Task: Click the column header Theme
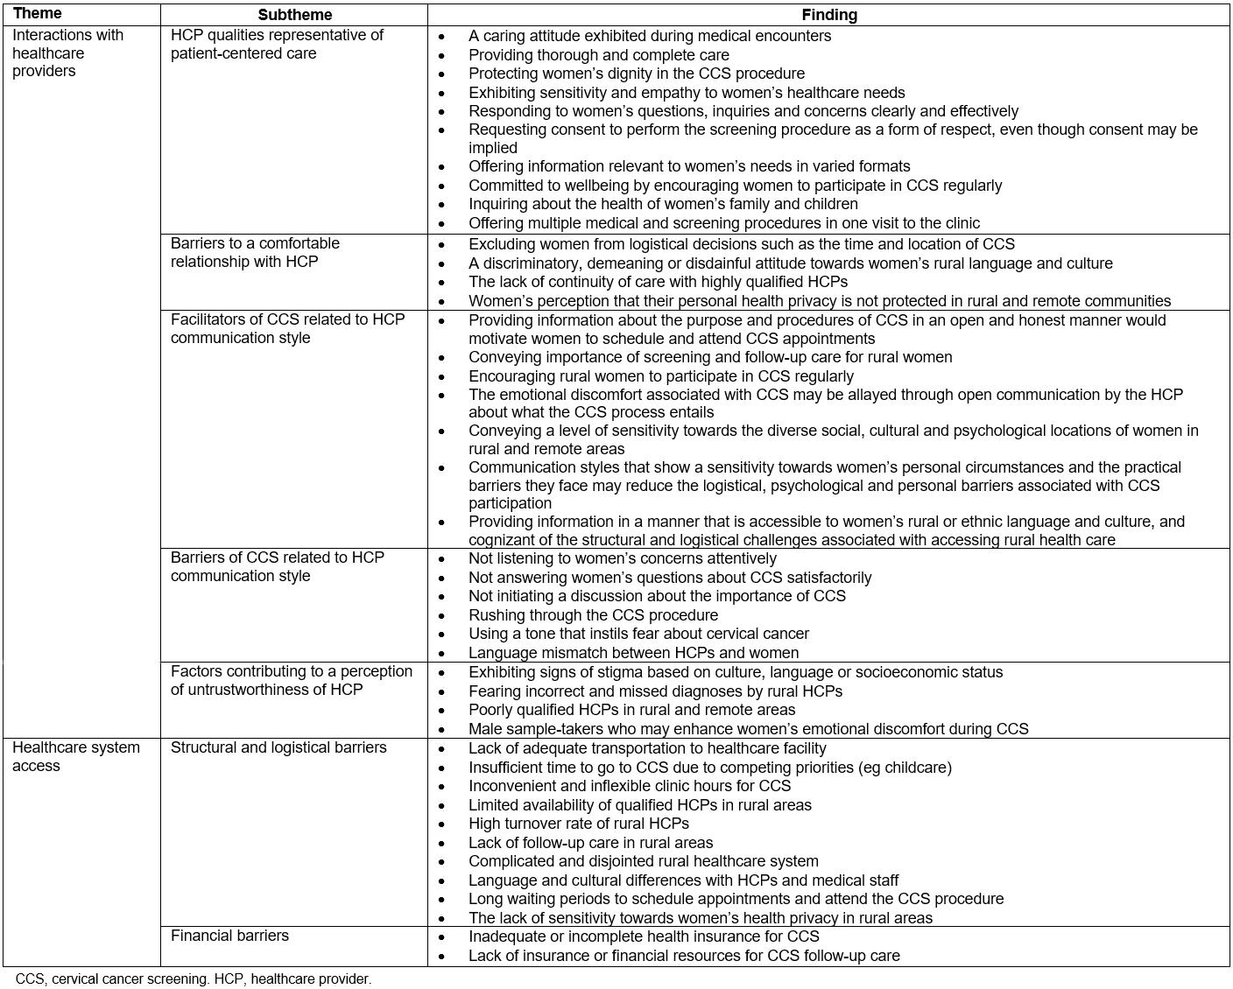coord(37,14)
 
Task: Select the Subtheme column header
coord(294,15)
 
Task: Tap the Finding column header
coord(828,15)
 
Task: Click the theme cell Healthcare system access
coord(75,756)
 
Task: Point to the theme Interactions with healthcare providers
coord(67,53)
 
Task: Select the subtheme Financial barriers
coord(229,936)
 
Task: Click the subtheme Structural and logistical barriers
coord(278,747)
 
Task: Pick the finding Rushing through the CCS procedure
coord(593,614)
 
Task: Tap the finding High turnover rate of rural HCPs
coord(578,824)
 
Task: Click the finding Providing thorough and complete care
coord(598,55)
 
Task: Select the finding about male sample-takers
coord(748,728)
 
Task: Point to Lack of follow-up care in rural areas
coord(590,843)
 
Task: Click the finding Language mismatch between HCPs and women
coord(633,653)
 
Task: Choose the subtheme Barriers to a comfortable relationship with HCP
coord(255,252)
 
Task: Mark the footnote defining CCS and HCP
coord(194,978)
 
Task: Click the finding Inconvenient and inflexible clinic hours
coord(629,786)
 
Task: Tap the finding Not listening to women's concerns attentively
coord(622,558)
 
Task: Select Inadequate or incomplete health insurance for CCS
coord(644,936)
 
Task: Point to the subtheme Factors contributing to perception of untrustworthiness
coord(291,680)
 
